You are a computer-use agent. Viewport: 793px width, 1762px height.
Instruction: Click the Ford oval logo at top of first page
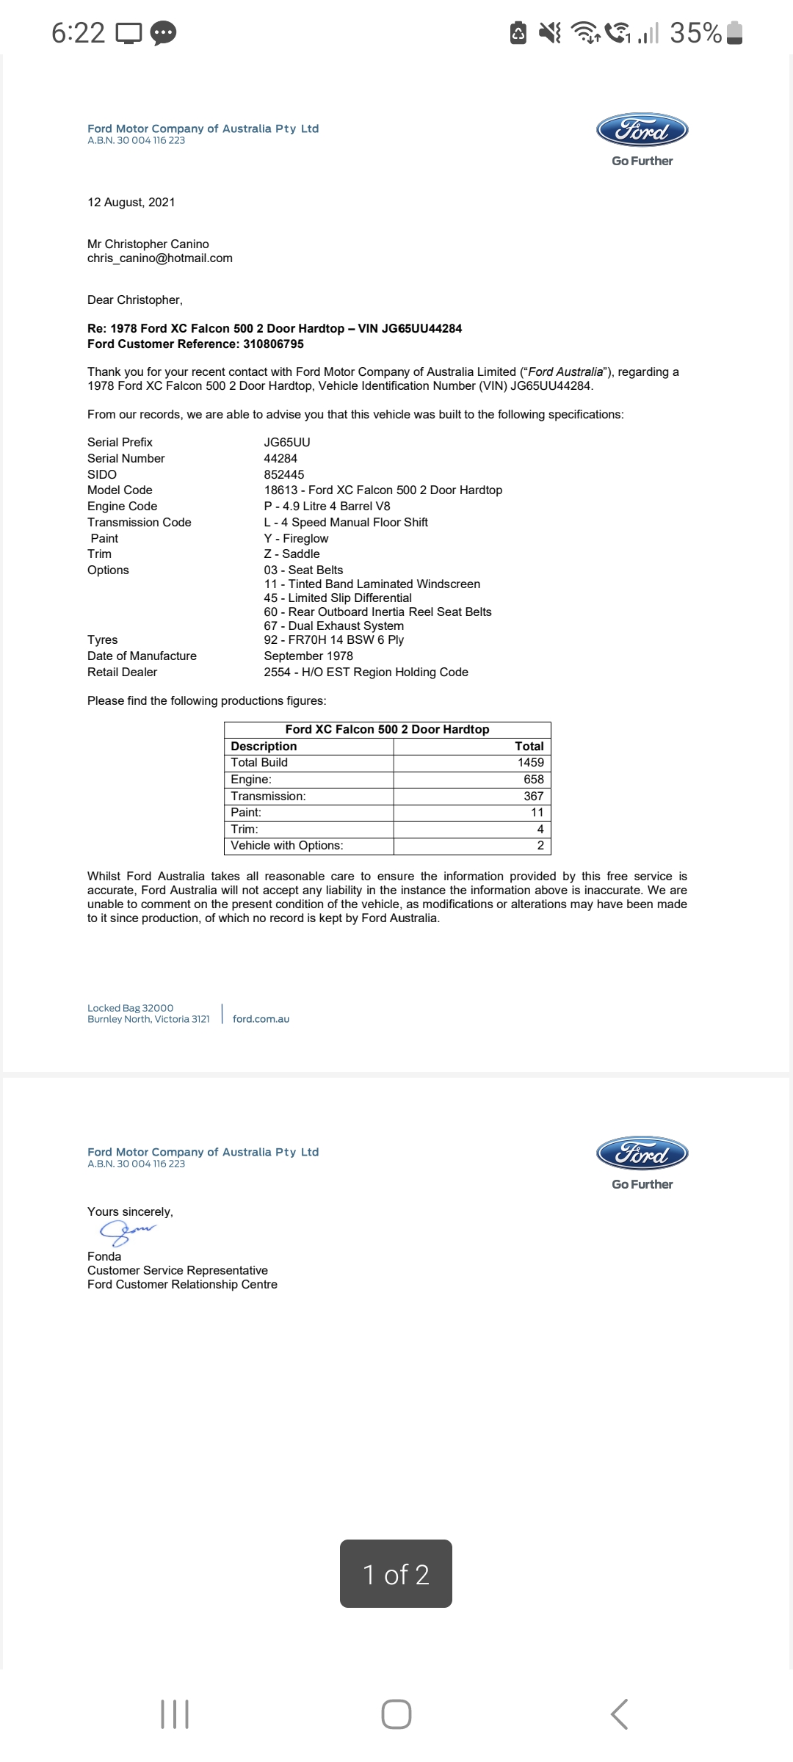[642, 131]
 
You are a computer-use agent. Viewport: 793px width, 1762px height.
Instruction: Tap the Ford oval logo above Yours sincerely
[642, 1153]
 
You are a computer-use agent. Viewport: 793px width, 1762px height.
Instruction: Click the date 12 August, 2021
[131, 203]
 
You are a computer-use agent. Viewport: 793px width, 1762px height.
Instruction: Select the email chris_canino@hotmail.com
[160, 258]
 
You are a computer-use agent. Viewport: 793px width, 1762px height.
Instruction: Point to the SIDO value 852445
[284, 475]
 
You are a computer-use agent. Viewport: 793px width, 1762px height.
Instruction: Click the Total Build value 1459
[530, 763]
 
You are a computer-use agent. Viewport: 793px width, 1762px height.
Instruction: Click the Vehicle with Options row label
[287, 846]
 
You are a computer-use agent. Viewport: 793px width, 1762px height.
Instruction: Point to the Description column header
[264, 747]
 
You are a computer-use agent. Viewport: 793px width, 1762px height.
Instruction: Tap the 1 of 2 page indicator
[396, 1575]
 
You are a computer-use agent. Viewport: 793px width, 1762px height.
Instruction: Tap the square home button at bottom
[396, 1714]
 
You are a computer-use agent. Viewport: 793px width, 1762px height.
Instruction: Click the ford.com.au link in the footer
[261, 1019]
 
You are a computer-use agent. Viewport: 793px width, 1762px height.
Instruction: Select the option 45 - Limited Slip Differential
[338, 598]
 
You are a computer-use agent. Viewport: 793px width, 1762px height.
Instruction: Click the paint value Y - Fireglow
[296, 539]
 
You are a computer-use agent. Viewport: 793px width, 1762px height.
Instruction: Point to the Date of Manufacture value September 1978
[308, 656]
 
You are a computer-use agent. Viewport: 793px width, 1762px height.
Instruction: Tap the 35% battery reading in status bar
[695, 33]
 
